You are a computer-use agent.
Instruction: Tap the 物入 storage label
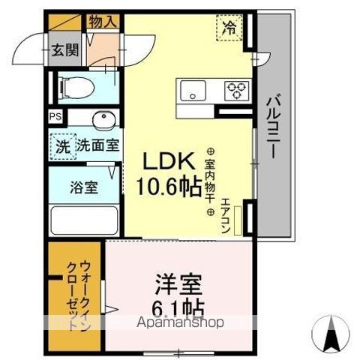click(103, 22)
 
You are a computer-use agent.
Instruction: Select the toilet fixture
click(73, 88)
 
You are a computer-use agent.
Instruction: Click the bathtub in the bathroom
click(82, 222)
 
